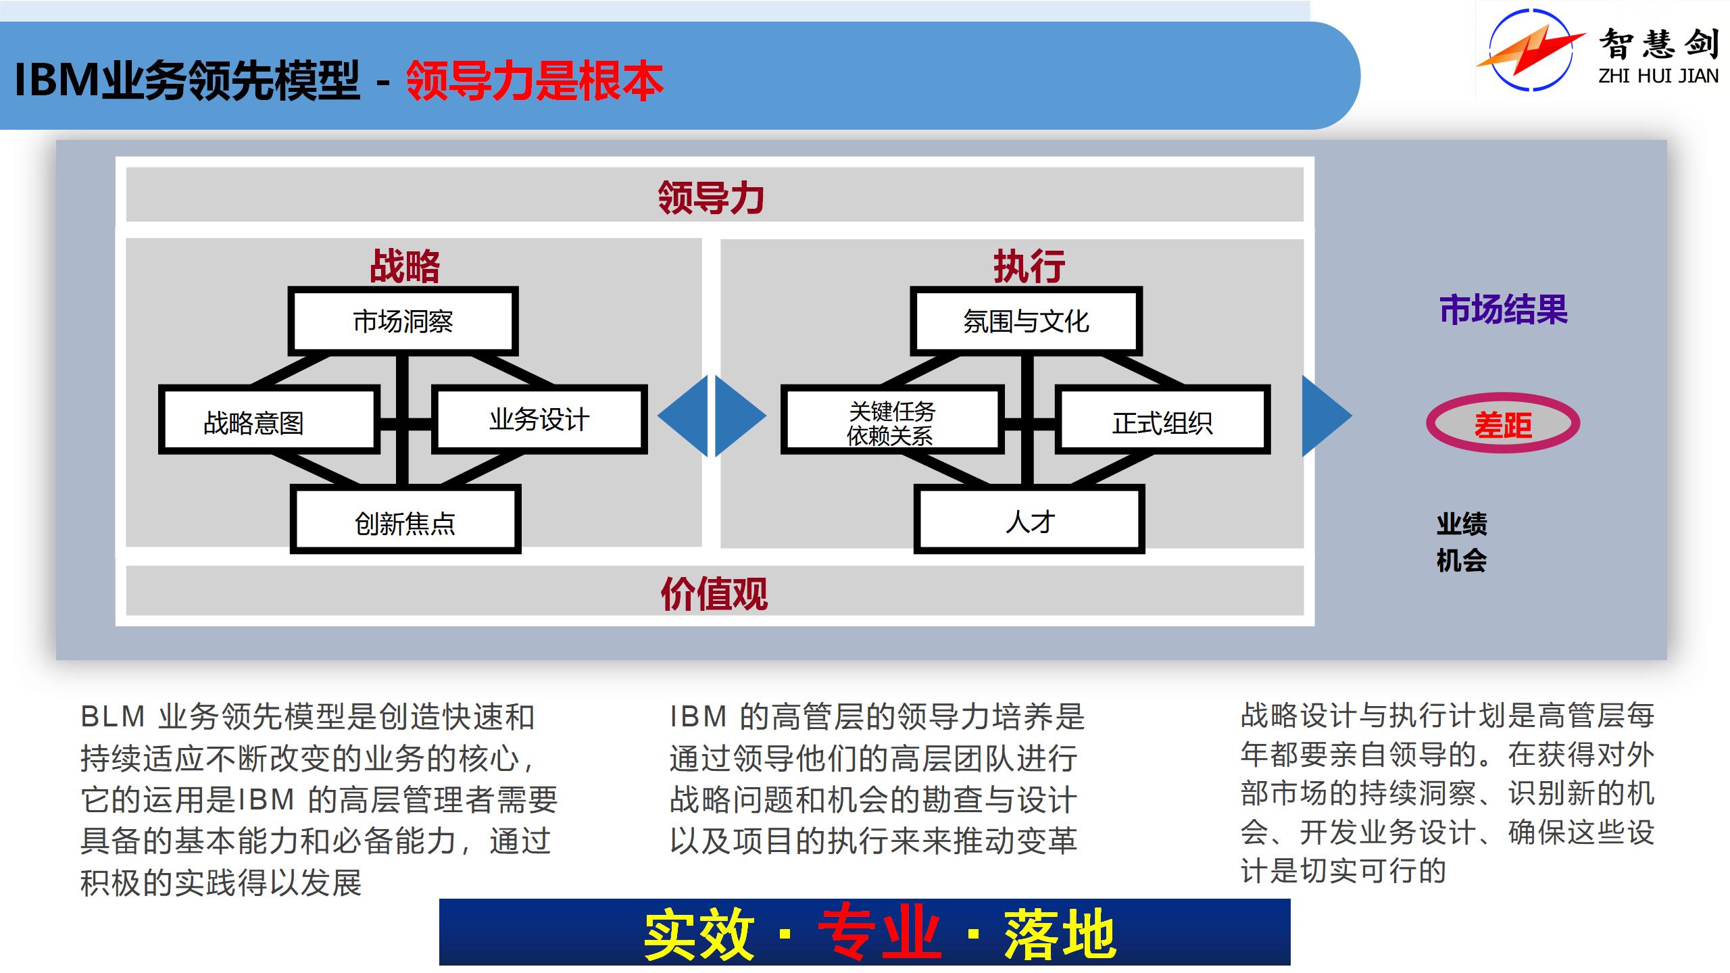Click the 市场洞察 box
[403, 322]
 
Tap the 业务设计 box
[539, 419]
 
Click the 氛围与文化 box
[1026, 322]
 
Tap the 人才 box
[1029, 520]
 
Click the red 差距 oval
[1503, 424]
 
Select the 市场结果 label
[1503, 310]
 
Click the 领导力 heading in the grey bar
[711, 197]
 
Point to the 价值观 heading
[714, 593]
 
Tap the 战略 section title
[405, 266]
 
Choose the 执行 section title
[1029, 266]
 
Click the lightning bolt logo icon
[1530, 51]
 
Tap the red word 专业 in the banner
[879, 934]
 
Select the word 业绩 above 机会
[1461, 524]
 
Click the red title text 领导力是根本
[534, 81]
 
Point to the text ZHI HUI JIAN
[1658, 76]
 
